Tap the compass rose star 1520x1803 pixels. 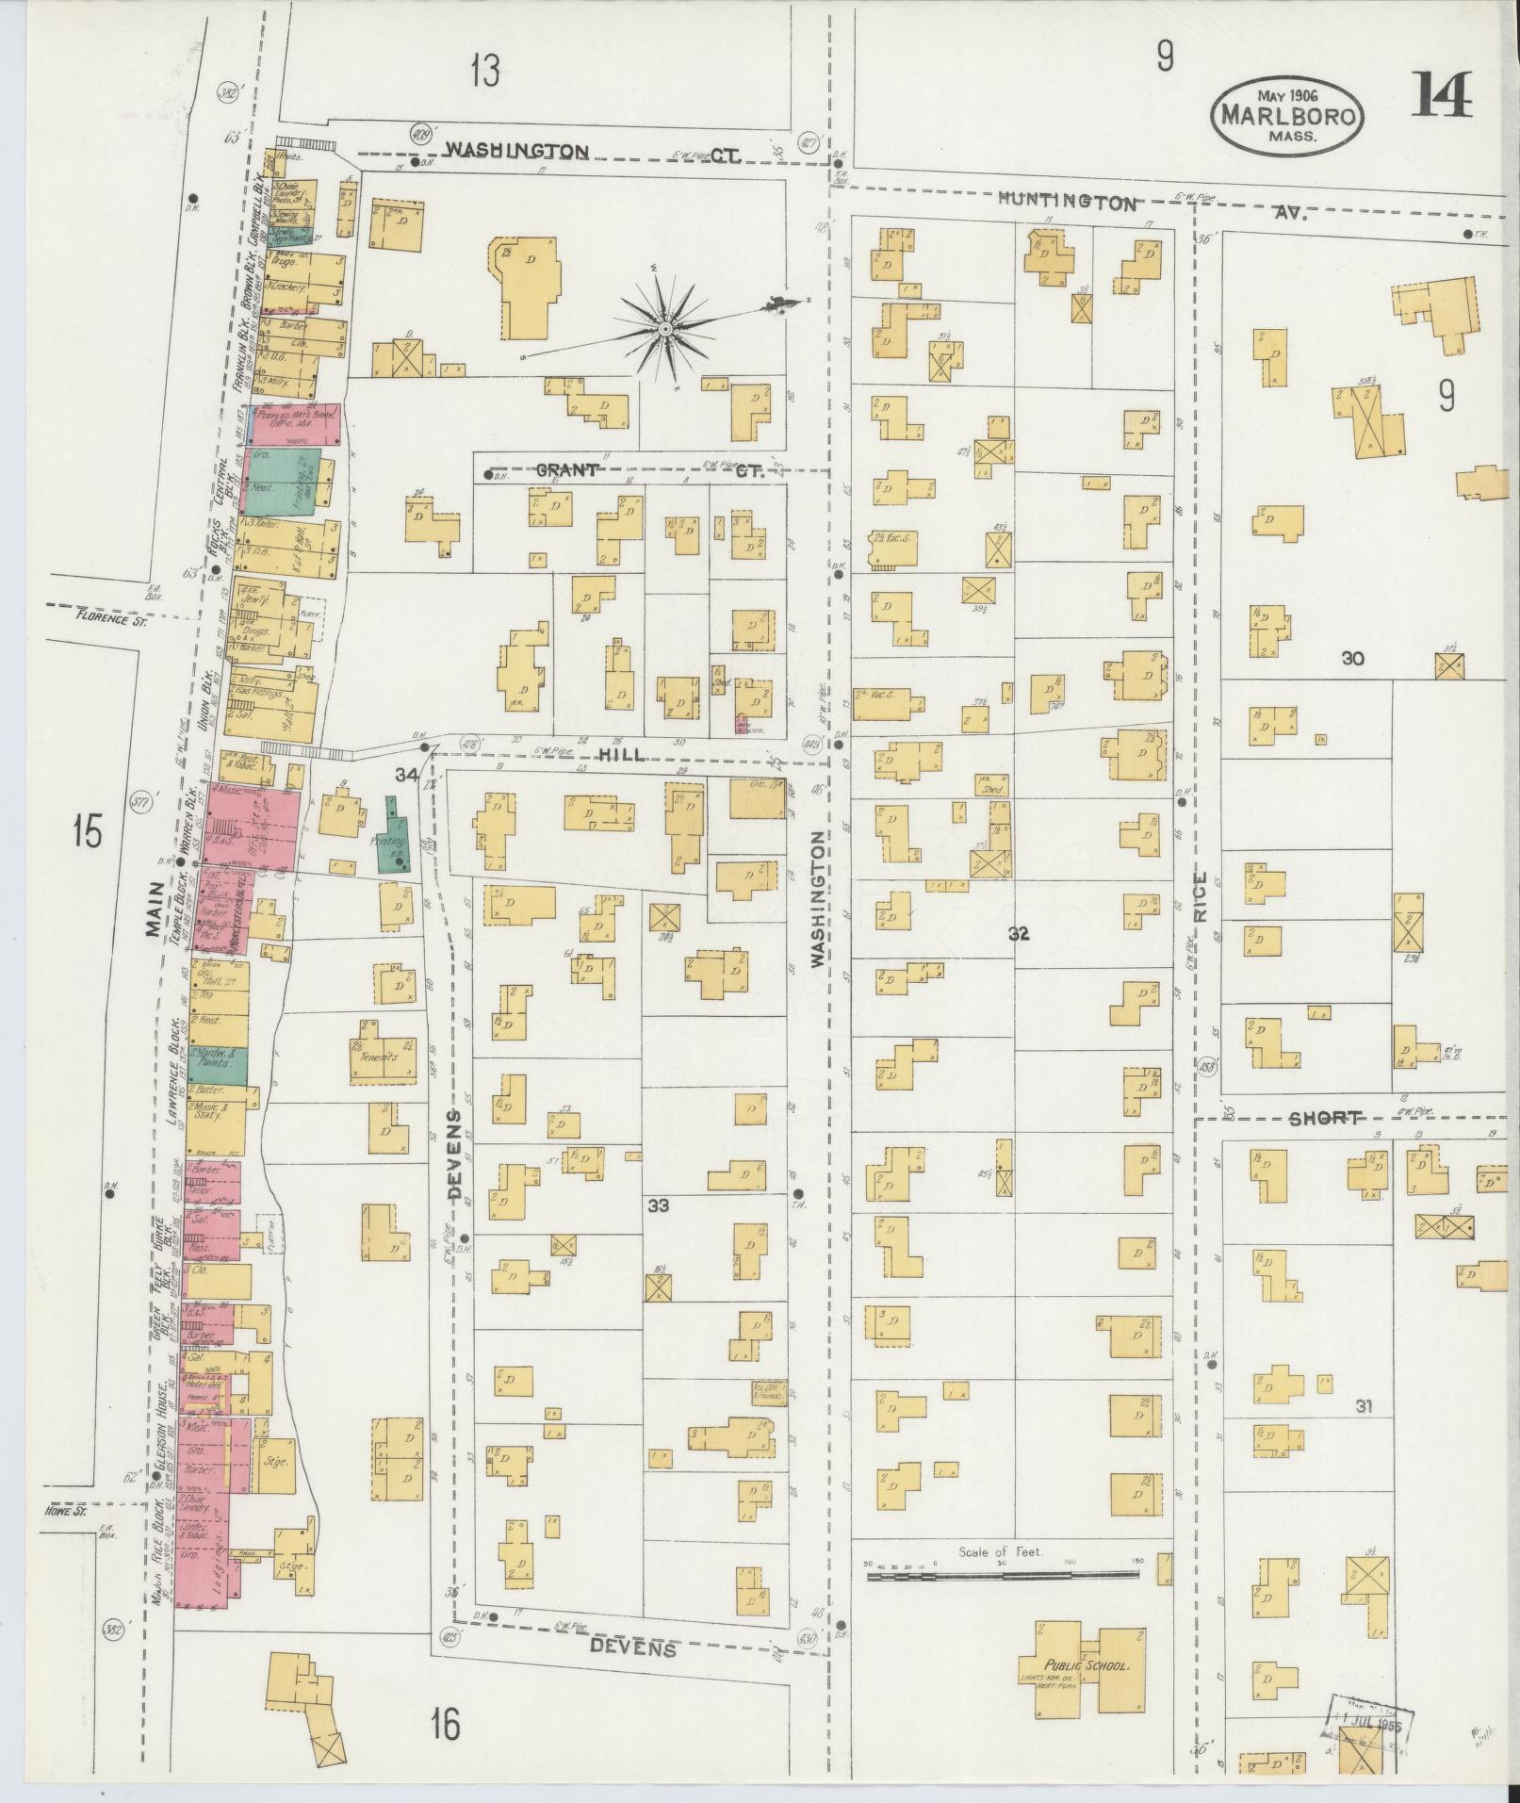tap(665, 328)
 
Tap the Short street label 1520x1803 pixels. tap(1325, 1119)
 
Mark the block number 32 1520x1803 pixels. tap(1018, 934)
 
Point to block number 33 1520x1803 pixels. tap(658, 1205)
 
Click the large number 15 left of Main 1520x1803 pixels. tap(87, 833)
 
